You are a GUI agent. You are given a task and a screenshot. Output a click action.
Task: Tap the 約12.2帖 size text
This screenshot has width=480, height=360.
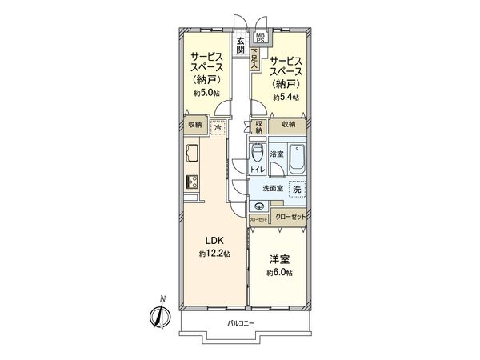214,254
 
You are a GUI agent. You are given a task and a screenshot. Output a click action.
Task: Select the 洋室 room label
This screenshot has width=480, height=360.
279,258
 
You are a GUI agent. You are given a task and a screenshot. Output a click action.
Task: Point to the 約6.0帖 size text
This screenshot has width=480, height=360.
279,273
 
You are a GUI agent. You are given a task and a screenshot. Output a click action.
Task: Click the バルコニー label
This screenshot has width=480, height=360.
240,324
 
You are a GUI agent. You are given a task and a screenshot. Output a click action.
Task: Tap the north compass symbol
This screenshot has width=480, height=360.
158,314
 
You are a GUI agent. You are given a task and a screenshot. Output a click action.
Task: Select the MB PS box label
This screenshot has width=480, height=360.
261,37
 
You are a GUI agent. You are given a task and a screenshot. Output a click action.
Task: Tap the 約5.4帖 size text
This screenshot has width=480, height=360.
286,98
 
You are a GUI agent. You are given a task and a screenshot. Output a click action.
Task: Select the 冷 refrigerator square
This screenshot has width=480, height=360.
218,126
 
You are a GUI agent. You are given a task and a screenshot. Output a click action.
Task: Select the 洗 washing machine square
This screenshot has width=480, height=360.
296,190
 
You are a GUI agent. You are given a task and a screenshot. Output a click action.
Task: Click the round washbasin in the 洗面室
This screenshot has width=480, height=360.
258,205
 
